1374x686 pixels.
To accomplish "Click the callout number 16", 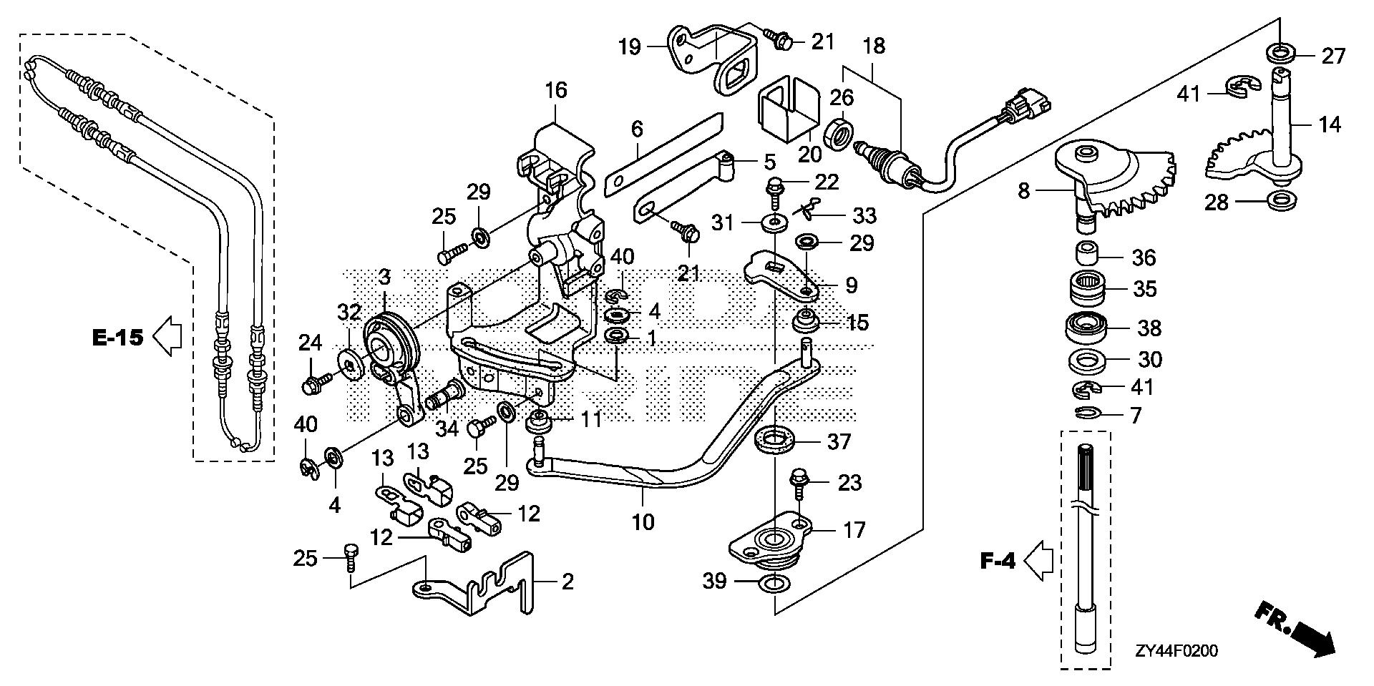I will pos(555,90).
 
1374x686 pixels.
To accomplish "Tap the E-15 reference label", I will pos(118,336).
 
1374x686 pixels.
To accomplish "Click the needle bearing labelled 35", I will pos(1088,290).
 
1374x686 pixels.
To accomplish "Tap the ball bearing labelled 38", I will pos(1088,329).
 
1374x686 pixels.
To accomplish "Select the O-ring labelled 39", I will pos(774,583).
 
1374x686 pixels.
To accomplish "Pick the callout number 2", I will pos(567,582).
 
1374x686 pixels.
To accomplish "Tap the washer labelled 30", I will pos(1088,360).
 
